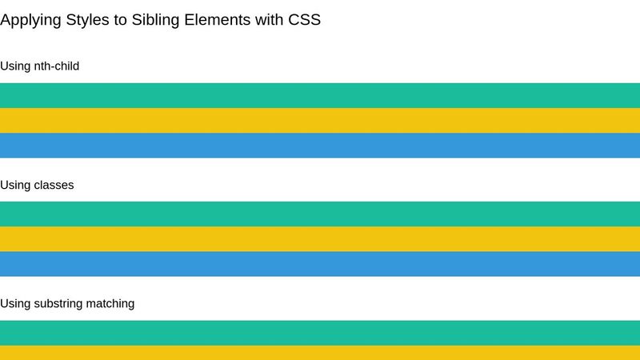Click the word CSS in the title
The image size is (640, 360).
[x=304, y=20]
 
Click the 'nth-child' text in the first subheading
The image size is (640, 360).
[x=56, y=66]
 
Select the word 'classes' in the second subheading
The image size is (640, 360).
[x=54, y=185]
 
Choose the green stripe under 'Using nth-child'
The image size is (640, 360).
[x=320, y=95]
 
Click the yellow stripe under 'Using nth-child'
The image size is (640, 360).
[x=320, y=120]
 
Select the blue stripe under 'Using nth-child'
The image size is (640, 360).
[x=320, y=145]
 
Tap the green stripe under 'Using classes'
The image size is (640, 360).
[x=320, y=214]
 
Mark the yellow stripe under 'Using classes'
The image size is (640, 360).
[x=320, y=238]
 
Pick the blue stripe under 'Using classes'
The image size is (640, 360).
[x=320, y=263]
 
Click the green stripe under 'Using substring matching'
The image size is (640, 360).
[x=320, y=332]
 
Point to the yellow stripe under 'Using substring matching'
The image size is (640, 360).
[x=320, y=353]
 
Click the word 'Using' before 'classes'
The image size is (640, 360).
[x=15, y=185]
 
